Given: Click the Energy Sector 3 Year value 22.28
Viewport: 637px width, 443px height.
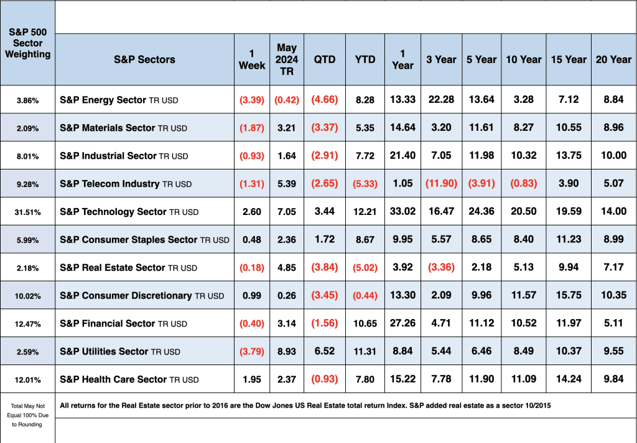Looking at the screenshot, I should (x=441, y=100).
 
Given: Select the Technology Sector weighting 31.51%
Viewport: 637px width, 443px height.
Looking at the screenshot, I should (x=27, y=212).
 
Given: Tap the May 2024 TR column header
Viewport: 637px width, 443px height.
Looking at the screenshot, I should (x=287, y=59).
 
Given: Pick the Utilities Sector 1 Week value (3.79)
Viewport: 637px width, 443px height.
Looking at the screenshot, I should (x=252, y=351).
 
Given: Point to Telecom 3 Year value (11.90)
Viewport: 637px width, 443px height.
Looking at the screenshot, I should (x=441, y=184).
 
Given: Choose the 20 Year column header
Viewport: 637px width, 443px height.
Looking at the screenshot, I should (x=613, y=59).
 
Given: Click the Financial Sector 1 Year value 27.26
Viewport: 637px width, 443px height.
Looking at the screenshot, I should (x=402, y=323).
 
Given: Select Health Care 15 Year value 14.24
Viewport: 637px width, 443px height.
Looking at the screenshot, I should (x=568, y=379).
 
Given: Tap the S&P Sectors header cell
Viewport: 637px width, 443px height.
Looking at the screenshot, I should (x=144, y=59).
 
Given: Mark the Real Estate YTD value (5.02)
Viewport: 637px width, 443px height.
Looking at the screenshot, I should (x=365, y=267).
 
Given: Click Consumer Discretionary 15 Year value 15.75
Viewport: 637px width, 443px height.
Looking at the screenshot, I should (x=568, y=295).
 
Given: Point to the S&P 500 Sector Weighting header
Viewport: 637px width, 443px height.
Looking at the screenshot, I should (x=27, y=43).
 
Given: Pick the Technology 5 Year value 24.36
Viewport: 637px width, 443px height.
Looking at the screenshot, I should (x=481, y=211).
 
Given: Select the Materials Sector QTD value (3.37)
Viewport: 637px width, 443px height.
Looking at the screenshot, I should (x=324, y=128).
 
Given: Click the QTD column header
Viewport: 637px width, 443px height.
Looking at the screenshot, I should (x=324, y=59).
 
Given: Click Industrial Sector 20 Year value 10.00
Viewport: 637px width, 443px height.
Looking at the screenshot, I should (x=613, y=156).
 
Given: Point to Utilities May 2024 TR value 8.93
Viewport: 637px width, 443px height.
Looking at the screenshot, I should (x=287, y=351).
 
